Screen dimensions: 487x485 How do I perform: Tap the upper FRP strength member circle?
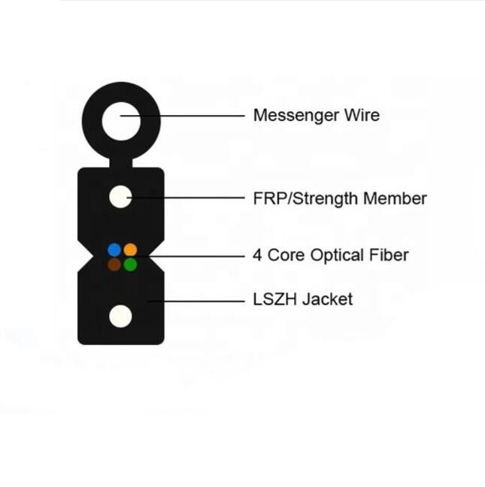[x=120, y=198]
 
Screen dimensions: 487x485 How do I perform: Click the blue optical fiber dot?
[x=114, y=250]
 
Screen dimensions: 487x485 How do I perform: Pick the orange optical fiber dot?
[x=130, y=250]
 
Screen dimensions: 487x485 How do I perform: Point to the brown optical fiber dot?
[x=114, y=264]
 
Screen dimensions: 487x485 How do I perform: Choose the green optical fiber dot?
[x=130, y=264]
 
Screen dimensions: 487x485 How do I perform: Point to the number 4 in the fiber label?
[x=258, y=256]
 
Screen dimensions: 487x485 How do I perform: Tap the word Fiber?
[x=389, y=256]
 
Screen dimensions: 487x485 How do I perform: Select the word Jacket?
[x=328, y=300]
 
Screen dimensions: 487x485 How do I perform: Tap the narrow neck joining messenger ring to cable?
[x=120, y=162]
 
